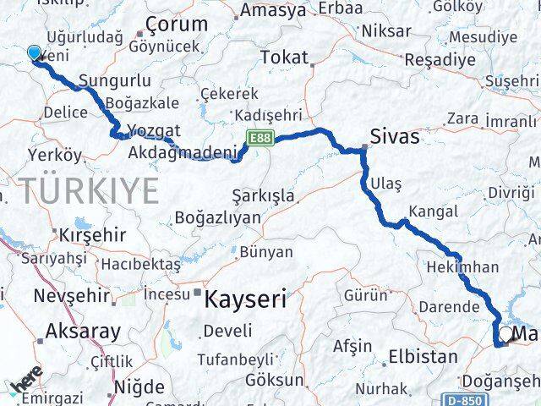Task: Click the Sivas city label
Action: point(395,136)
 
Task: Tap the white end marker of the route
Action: point(505,336)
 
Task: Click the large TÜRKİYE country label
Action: point(90,191)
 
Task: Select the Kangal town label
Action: point(432,211)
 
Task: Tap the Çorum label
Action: point(177,25)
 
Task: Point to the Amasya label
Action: point(273,11)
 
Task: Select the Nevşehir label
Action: point(72,296)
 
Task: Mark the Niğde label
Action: point(140,387)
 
